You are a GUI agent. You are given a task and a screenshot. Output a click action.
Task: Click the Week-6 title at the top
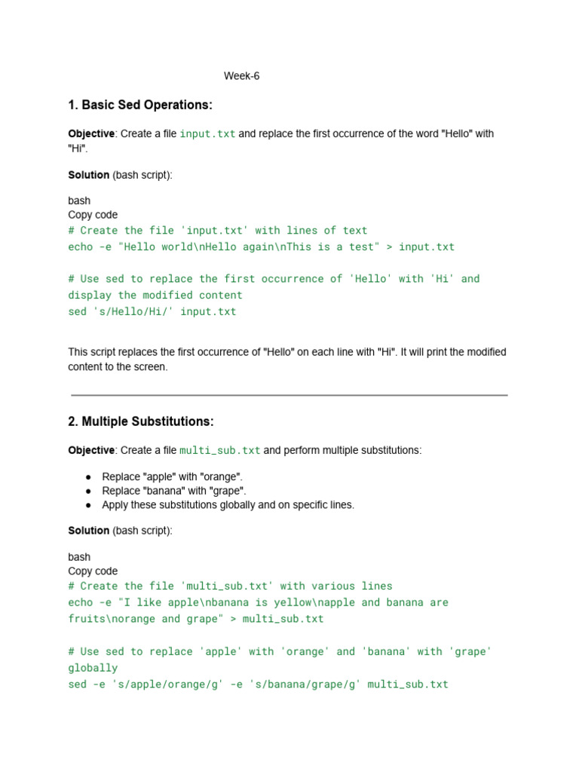click(241, 76)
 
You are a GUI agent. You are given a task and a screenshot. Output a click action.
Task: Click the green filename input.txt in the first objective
click(207, 133)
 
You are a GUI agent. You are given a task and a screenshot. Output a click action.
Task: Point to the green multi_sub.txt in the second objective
click(219, 450)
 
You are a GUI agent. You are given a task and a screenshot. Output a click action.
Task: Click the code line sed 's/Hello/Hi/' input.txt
click(152, 311)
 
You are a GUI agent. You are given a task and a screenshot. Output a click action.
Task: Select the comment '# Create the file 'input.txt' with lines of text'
click(217, 231)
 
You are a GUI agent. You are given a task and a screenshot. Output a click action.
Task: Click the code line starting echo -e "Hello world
click(261, 247)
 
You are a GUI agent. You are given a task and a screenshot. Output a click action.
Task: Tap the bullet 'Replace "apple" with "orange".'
click(172, 477)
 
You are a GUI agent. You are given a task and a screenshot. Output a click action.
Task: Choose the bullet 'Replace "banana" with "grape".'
click(173, 491)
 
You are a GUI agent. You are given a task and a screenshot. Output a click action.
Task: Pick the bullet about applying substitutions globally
click(228, 504)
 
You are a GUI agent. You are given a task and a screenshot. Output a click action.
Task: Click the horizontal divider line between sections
click(289, 394)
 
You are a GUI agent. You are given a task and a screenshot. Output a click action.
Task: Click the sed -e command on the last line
click(258, 685)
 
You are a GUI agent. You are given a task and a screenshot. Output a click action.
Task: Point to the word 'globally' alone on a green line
click(93, 668)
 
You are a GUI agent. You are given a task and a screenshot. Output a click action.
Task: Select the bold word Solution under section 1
click(89, 175)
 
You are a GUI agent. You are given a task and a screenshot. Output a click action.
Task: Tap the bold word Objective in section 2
click(91, 450)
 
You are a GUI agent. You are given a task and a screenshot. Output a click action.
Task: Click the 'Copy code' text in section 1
click(93, 215)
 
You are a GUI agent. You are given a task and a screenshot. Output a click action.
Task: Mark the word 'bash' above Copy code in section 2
click(79, 557)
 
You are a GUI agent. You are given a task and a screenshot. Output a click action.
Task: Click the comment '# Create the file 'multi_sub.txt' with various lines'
click(230, 586)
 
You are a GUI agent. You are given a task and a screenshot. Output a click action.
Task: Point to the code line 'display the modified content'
click(155, 295)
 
